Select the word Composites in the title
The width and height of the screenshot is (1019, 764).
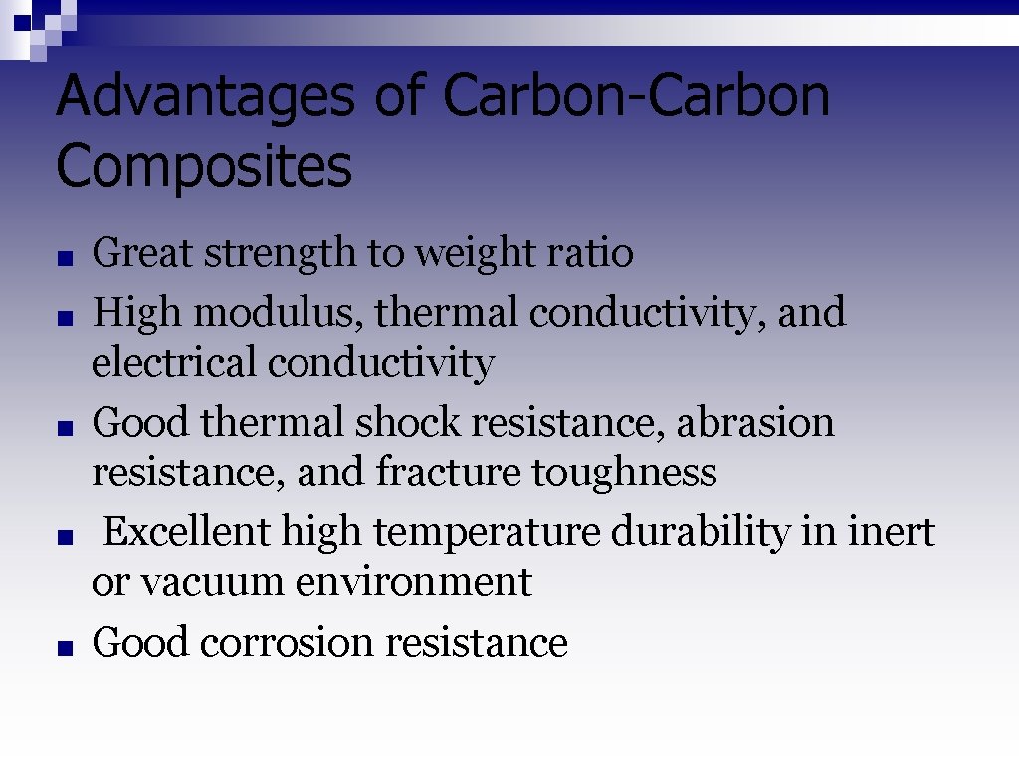coord(204,167)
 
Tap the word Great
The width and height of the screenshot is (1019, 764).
coord(142,253)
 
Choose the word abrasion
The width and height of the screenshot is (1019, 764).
coord(755,423)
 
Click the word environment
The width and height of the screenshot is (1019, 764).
coord(413,582)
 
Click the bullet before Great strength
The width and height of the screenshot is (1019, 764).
coord(64,258)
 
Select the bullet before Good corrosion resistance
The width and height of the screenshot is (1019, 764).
coord(64,648)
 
